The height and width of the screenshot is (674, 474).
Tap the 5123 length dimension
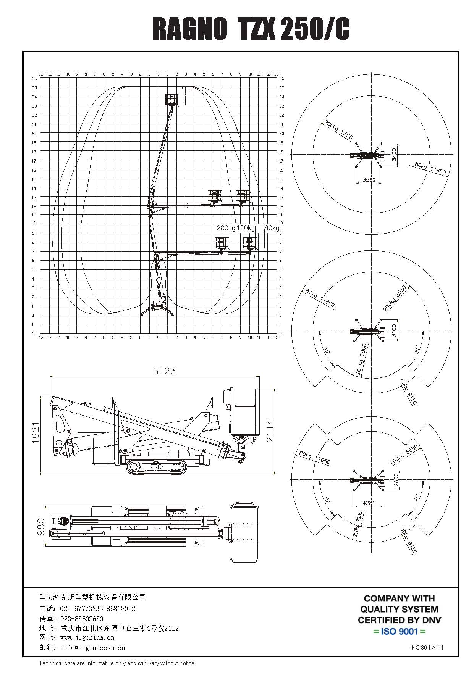point(164,371)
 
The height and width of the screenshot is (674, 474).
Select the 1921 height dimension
point(36,432)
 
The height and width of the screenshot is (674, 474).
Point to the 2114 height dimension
point(270,431)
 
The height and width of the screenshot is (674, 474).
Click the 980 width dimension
point(40,526)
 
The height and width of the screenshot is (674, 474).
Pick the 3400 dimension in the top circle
point(395,155)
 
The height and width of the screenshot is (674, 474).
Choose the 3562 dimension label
point(369,180)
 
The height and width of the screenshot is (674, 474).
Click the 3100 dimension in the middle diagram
point(395,331)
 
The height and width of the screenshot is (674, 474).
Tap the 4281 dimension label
point(369,503)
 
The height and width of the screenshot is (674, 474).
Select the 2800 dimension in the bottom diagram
point(396,479)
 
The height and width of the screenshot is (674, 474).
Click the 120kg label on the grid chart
point(246,228)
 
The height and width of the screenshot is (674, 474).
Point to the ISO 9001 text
point(399,631)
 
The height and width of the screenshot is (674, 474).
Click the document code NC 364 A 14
point(427,647)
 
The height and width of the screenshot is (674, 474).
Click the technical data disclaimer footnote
point(116,663)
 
